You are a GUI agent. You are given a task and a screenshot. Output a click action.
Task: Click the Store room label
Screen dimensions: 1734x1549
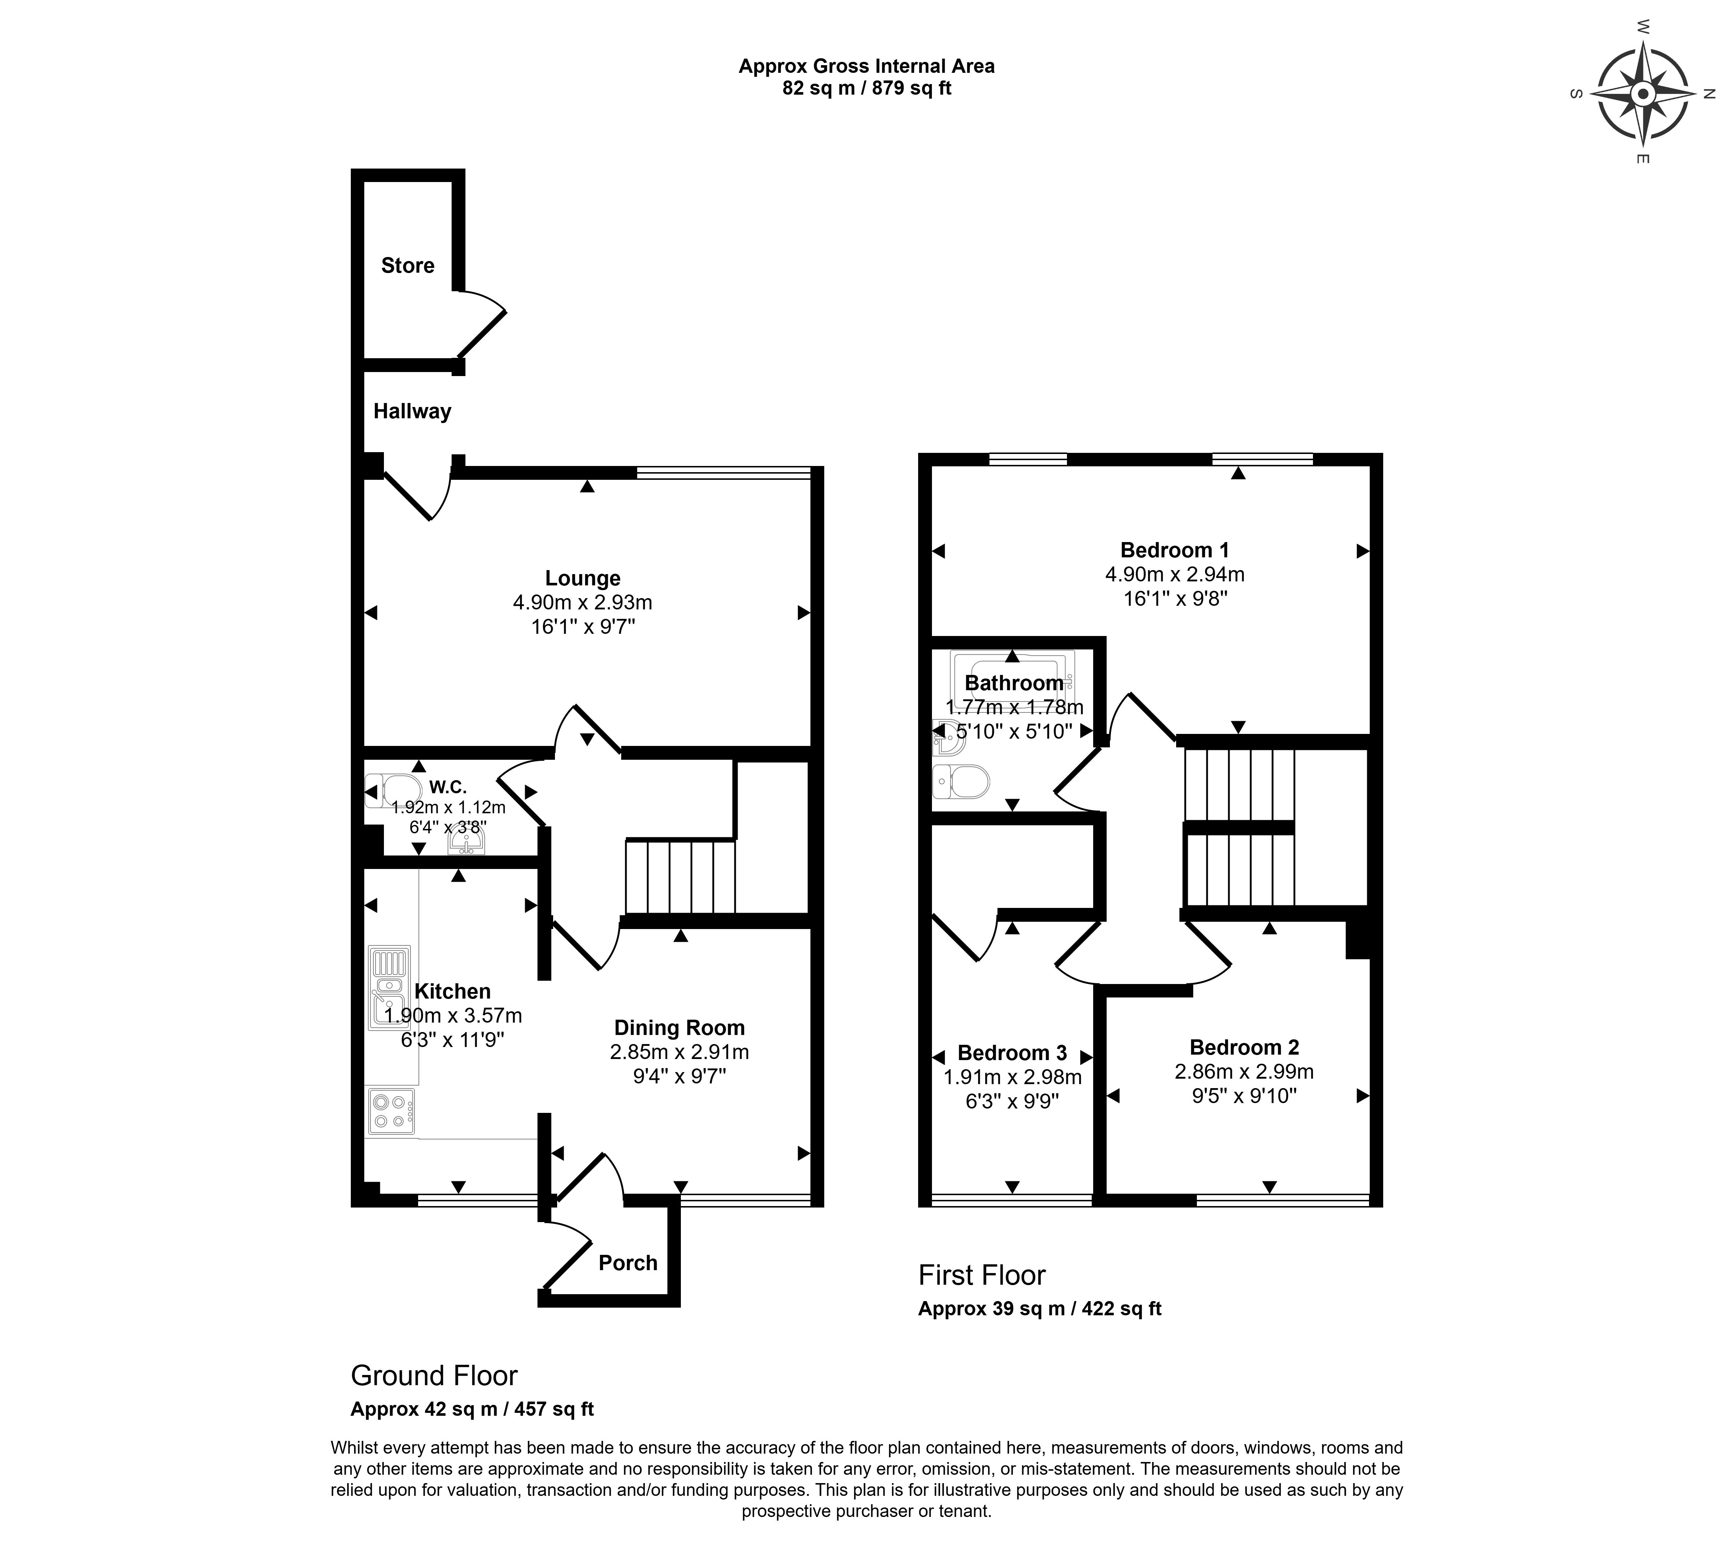tap(408, 265)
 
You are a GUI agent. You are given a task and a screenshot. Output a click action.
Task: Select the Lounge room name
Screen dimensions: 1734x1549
tap(583, 579)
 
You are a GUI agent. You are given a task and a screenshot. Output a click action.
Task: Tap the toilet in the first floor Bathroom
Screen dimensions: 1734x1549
tap(961, 781)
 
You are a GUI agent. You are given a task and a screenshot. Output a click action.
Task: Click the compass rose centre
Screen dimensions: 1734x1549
tap(1643, 94)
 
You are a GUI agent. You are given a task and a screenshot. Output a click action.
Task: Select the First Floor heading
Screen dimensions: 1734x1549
tap(982, 1275)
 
